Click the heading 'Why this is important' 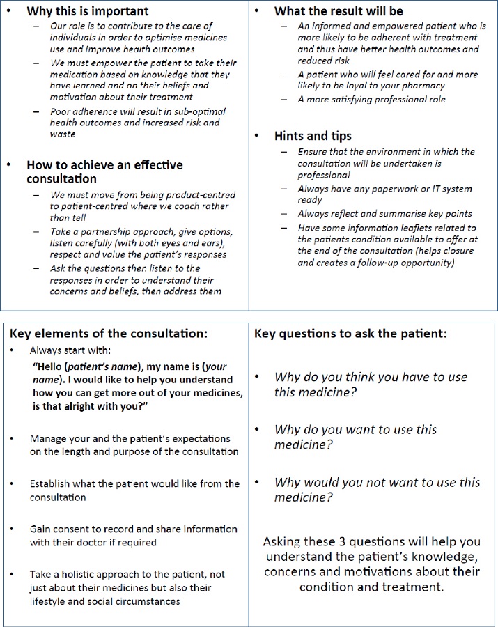click(x=87, y=11)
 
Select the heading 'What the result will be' click(x=339, y=11)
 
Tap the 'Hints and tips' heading click(x=313, y=136)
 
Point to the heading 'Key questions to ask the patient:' click(x=350, y=333)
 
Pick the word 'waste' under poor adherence click(x=63, y=134)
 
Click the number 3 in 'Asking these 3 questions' click(x=344, y=541)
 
